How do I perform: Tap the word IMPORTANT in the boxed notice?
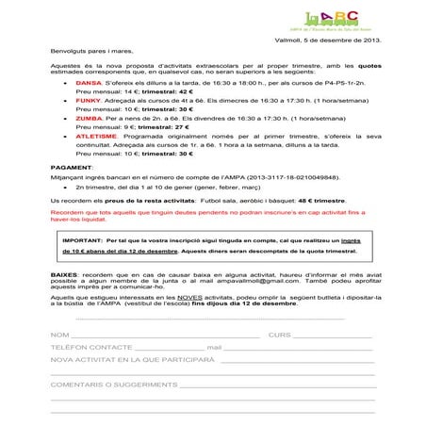tap(88, 267)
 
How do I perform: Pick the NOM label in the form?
tap(59, 362)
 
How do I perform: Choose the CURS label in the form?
tap(281, 362)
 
